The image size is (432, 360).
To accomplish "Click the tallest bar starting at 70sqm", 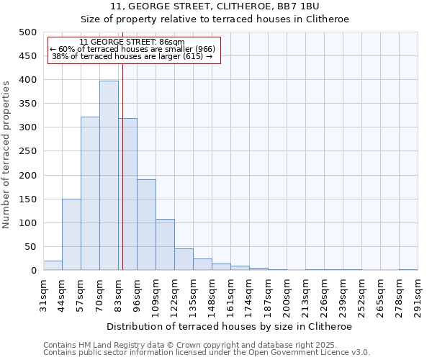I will tap(109, 176).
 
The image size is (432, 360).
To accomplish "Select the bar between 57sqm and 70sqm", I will tap(90, 194).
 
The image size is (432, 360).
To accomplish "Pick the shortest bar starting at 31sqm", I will tap(53, 266).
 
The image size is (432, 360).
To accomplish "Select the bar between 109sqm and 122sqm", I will tap(165, 245).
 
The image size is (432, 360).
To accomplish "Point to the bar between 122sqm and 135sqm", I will tap(184, 260).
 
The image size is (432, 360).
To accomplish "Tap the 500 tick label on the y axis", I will tap(28, 32).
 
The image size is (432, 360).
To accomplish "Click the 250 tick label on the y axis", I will tap(28, 151).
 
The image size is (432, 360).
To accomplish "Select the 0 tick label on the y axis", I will tap(34, 271).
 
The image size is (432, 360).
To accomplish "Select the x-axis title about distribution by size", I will tap(230, 327).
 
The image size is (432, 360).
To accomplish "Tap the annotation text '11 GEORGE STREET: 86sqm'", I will tap(132, 42).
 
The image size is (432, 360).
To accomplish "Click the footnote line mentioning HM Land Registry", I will tap(194, 345).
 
